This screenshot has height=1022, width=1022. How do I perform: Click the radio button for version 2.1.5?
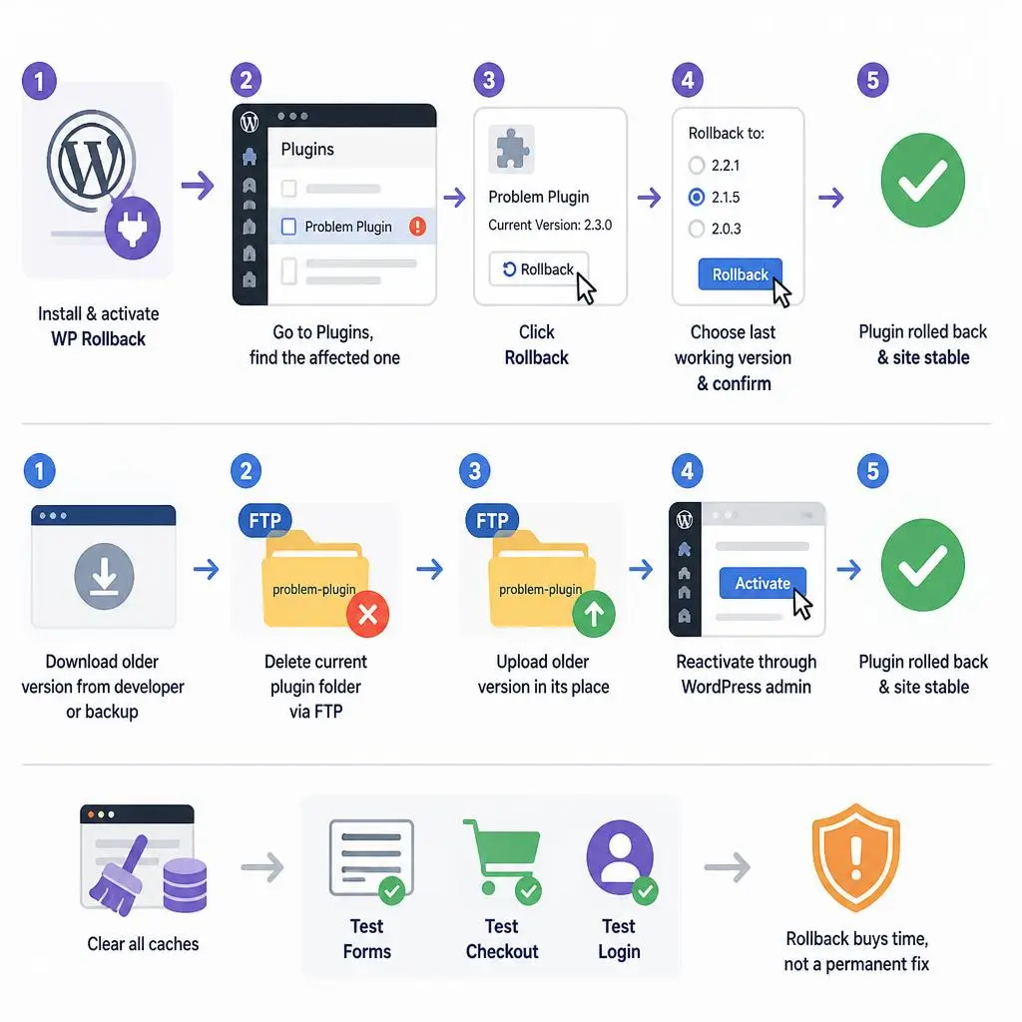(x=696, y=197)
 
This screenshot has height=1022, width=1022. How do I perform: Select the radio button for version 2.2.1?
(x=696, y=165)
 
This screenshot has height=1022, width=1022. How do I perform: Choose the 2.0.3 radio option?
(x=696, y=229)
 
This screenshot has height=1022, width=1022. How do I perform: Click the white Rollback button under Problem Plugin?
(x=539, y=269)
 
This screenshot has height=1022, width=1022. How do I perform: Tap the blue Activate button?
(x=763, y=583)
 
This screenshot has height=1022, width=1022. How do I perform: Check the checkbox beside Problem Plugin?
(x=288, y=227)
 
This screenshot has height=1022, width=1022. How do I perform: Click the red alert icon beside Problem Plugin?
(x=417, y=227)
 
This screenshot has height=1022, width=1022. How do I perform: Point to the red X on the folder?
(x=367, y=614)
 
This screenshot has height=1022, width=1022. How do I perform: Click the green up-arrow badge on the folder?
(x=594, y=614)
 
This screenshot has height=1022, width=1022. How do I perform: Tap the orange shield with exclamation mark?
(x=855, y=856)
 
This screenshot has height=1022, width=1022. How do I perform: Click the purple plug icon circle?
(x=133, y=229)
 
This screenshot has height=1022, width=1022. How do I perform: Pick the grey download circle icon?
(x=104, y=576)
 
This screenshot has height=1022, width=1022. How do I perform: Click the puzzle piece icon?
(x=512, y=150)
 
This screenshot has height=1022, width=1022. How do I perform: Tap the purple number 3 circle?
(x=489, y=80)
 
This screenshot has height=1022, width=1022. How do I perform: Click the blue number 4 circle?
(x=688, y=471)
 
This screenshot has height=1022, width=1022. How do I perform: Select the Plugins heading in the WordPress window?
(x=307, y=150)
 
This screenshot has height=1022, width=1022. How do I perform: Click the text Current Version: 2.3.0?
(x=550, y=225)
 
